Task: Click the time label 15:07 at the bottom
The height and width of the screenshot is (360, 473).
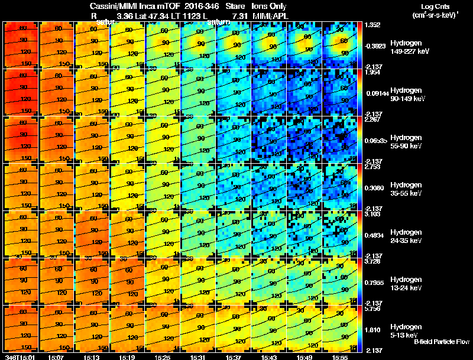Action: click(x=57, y=356)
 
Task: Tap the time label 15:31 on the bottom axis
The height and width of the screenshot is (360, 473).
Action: click(x=199, y=356)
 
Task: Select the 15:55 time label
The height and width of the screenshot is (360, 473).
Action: click(x=341, y=356)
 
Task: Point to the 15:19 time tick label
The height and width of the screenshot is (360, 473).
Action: click(x=128, y=356)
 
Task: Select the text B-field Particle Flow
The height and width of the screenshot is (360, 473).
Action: click(x=442, y=342)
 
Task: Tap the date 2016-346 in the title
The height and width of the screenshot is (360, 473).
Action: click(x=197, y=5)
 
